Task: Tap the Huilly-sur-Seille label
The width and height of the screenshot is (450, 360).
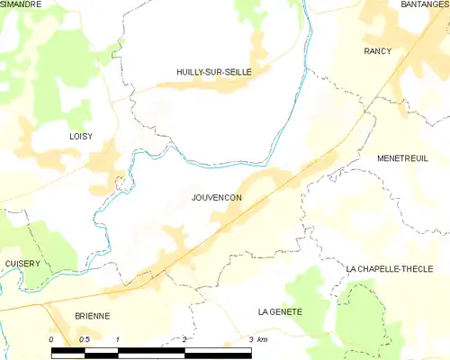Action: pyautogui.click(x=213, y=71)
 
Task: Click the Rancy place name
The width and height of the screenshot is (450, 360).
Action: pyautogui.click(x=377, y=51)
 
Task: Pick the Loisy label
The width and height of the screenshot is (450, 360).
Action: pyautogui.click(x=56, y=135)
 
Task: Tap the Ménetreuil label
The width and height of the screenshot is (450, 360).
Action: pyautogui.click(x=407, y=157)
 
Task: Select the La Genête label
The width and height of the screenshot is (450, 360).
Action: pyautogui.click(x=280, y=311)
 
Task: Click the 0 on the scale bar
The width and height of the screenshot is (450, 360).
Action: pyautogui.click(x=52, y=339)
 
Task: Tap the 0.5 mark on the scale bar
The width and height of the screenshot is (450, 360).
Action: pyautogui.click(x=84, y=339)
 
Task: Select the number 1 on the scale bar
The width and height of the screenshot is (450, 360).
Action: pyautogui.click(x=117, y=339)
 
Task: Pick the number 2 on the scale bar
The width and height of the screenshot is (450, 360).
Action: pyautogui.click(x=184, y=339)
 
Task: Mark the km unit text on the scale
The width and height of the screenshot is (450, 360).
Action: pyautogui.click(x=263, y=339)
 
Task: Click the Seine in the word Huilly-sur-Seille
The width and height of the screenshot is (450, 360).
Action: pyautogui.click(x=236, y=71)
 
